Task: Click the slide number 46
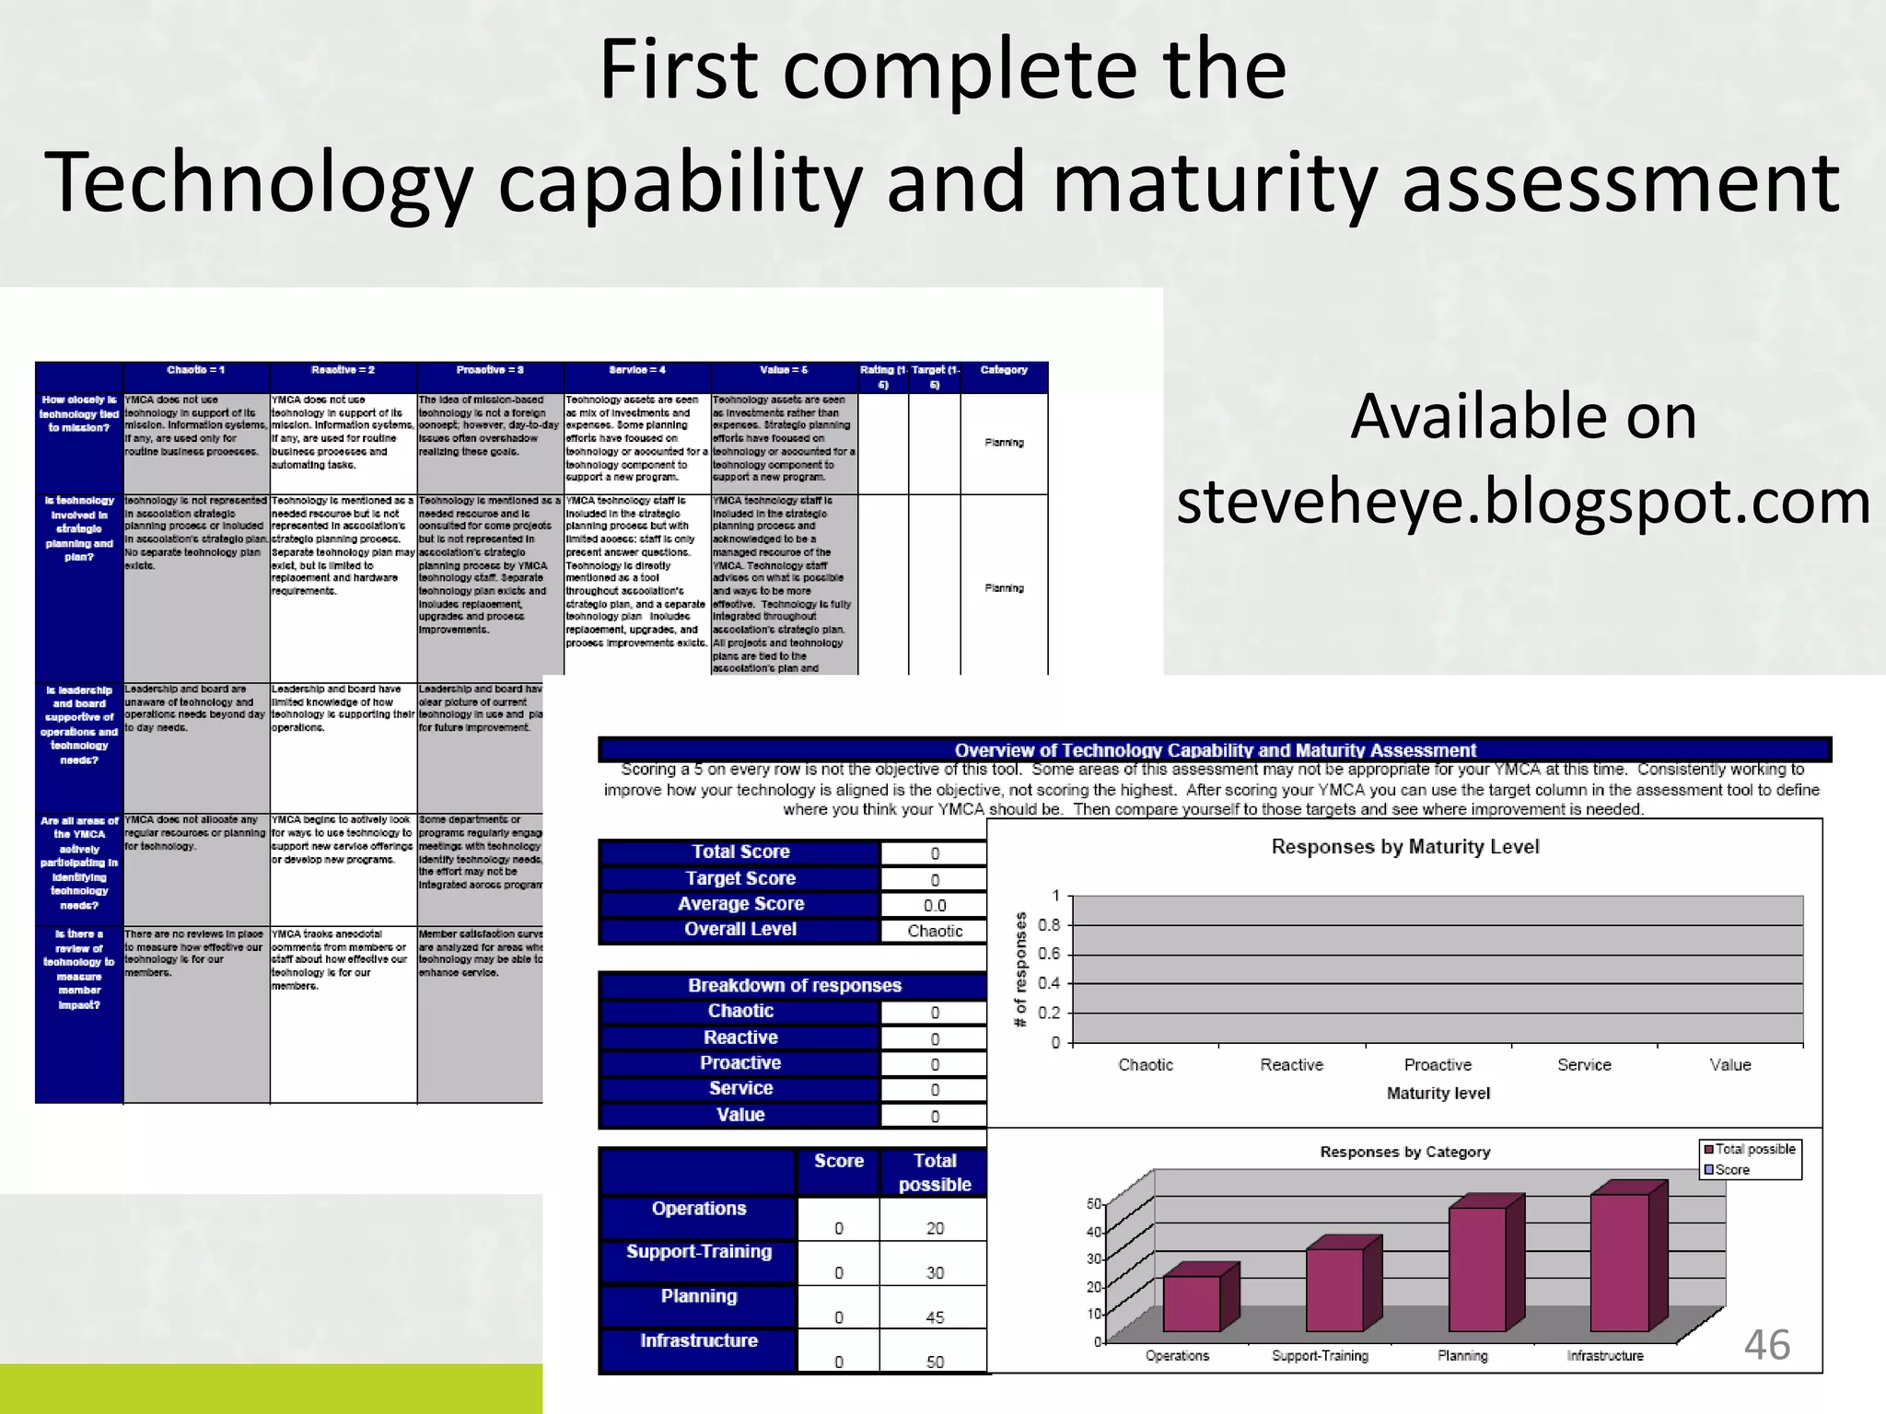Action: [1766, 1345]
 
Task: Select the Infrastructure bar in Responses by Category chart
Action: [1619, 1262]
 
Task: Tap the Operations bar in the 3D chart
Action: [1192, 1303]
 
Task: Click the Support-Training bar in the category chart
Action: [1334, 1289]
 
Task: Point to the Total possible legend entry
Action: [1749, 1149]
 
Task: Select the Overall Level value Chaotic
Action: [935, 931]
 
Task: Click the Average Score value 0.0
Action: [935, 905]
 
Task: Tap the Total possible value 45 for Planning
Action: [935, 1317]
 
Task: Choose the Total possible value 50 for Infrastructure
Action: [935, 1362]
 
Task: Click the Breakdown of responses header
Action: [794, 985]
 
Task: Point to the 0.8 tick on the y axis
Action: [1049, 924]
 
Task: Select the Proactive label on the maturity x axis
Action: [1438, 1065]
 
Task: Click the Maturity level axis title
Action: [1438, 1094]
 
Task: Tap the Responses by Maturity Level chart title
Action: [1404, 847]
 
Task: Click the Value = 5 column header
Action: [784, 370]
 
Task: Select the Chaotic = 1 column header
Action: [196, 370]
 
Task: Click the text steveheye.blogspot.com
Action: [1523, 502]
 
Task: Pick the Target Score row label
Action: [740, 878]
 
